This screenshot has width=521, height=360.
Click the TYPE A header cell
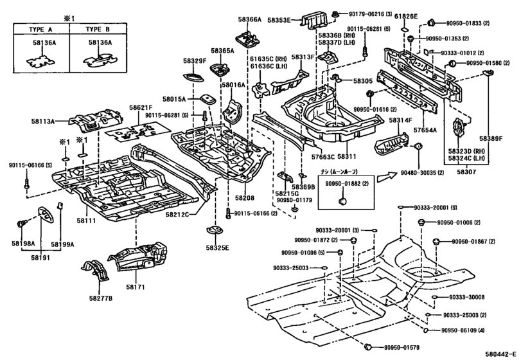tap(40, 30)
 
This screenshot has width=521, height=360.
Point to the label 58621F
tap(141, 108)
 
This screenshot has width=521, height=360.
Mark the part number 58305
tap(362, 81)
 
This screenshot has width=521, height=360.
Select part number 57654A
tap(425, 130)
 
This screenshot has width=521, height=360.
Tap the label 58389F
tap(491, 138)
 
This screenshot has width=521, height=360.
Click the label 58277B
tap(100, 299)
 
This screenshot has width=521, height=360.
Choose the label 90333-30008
tap(468, 297)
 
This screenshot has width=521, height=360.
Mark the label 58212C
tap(178, 214)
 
